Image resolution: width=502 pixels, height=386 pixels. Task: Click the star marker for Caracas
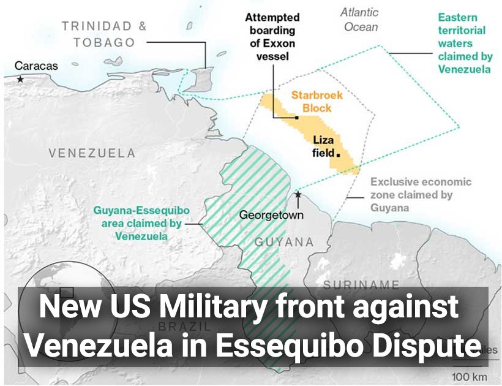click(21, 80)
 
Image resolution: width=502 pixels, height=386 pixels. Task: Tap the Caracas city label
click(36, 66)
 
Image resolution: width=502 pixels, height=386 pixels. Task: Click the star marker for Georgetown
click(298, 195)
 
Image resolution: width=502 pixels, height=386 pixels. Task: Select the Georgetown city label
click(271, 215)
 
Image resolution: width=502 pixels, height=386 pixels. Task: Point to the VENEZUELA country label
click(92, 153)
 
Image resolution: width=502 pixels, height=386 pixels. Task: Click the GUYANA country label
click(283, 241)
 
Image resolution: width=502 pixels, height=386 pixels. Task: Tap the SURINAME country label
click(361, 284)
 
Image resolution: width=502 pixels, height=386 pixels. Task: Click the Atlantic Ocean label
click(361, 20)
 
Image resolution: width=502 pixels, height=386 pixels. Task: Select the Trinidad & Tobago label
click(104, 34)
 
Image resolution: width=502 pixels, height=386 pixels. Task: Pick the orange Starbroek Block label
click(317, 102)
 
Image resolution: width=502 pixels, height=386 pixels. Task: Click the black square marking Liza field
click(337, 154)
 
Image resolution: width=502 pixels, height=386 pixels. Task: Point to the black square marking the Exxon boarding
click(296, 117)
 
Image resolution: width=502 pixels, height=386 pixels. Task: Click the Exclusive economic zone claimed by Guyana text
click(421, 195)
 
